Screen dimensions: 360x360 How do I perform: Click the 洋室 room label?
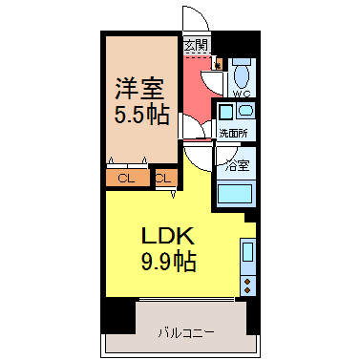139,89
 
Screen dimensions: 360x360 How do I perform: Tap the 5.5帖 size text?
141,115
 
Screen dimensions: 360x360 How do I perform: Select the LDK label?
168,236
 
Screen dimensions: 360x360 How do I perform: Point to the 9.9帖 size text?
168,261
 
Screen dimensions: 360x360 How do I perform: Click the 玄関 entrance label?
196,45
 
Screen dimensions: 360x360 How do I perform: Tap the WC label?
242,94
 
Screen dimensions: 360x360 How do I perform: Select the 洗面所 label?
233,134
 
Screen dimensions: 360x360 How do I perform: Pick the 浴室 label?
237,165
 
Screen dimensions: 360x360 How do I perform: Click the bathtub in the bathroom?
236,194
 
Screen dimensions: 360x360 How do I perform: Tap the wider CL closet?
128,179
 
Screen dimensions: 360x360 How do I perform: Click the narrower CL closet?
165,179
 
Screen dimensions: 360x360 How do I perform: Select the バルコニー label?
186,333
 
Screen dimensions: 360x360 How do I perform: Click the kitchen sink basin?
248,252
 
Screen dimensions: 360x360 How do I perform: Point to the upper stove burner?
247,282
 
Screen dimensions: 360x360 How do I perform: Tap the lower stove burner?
247,289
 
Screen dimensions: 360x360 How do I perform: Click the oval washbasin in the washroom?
246,111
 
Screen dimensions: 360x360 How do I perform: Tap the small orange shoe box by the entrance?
219,63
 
